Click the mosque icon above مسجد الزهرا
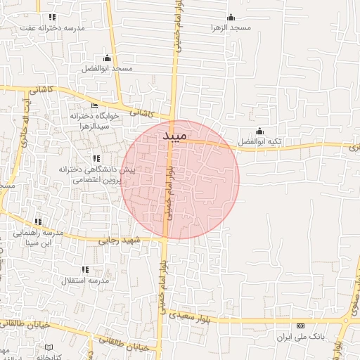click(x=231, y=18)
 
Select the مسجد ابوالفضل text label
click(x=107, y=68)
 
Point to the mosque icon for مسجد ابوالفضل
click(x=107, y=58)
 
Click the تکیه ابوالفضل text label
click(x=259, y=141)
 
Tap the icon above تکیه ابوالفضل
click(x=259, y=131)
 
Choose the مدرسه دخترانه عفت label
click(x=52, y=27)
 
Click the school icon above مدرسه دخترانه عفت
click(x=52, y=17)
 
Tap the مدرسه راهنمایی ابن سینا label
click(x=39, y=237)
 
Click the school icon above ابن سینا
click(x=38, y=221)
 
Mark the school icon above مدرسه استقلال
click(x=85, y=269)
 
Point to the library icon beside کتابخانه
click(x=49, y=347)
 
